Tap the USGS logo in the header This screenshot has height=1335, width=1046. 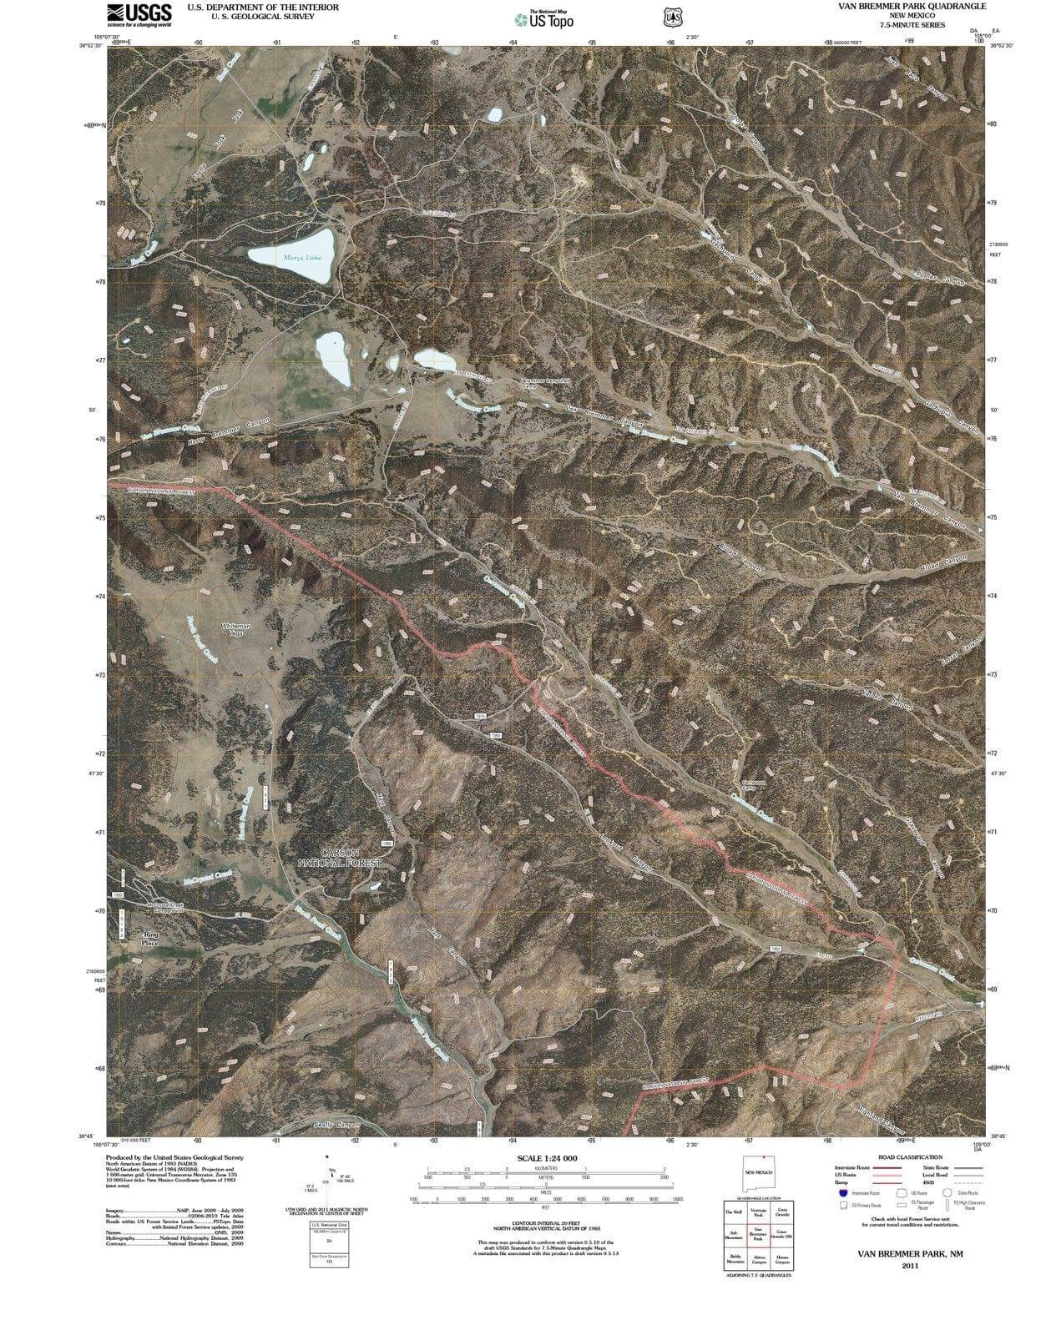[x=139, y=14]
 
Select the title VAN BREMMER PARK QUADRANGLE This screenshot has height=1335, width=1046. [x=912, y=6]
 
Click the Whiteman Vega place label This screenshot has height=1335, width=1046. [x=235, y=629]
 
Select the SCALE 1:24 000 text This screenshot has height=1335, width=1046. [x=547, y=1159]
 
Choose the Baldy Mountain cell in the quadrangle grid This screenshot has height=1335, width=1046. [x=735, y=1258]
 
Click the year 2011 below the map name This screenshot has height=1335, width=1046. [x=910, y=1267]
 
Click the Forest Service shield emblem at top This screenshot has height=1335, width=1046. [x=669, y=17]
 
